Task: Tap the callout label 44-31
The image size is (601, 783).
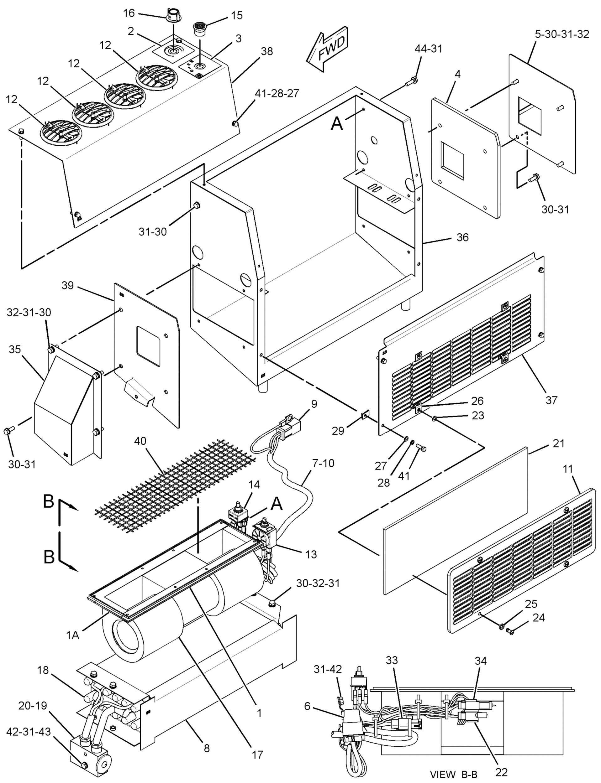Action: [429, 49]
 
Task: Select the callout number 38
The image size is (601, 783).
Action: [266, 51]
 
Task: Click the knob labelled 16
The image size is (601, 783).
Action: [172, 16]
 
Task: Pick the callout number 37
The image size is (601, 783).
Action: [551, 400]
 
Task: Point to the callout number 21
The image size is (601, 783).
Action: [558, 443]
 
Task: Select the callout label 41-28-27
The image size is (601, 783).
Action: [277, 93]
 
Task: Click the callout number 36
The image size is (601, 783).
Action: [462, 237]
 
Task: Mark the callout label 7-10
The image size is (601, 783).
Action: [323, 463]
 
